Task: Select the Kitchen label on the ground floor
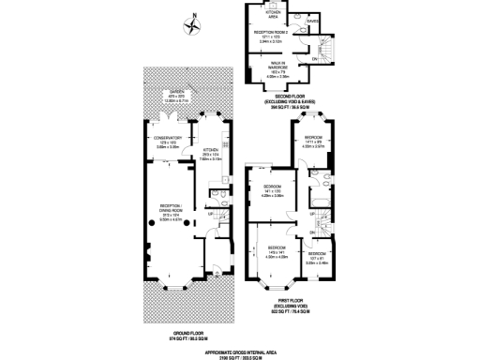[211, 154]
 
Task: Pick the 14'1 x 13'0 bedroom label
[272, 192]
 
